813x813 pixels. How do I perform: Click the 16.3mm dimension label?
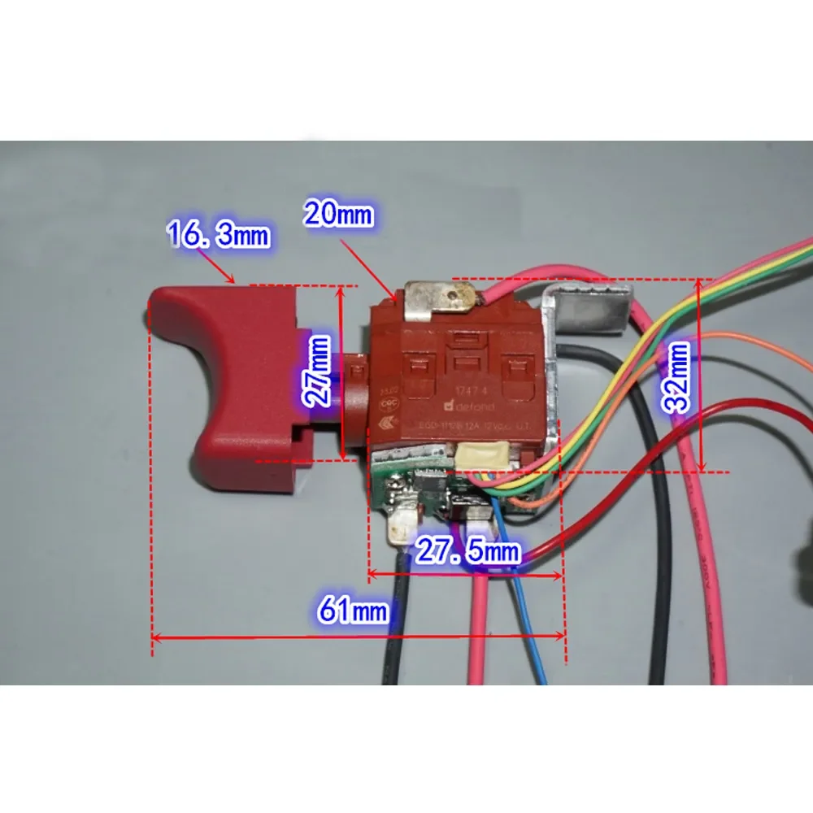[218, 237]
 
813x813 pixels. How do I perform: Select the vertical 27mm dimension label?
[320, 372]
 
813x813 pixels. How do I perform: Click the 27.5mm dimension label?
[467, 552]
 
